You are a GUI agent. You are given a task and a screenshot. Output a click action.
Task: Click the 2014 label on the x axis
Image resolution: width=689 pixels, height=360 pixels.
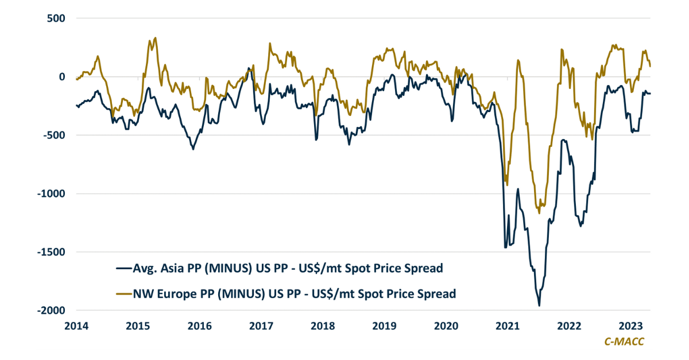point(76,326)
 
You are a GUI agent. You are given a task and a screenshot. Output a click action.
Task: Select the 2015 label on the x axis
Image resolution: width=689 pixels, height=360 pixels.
point(138,326)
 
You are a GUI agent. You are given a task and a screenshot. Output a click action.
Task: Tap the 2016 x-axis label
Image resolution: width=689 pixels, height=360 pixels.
point(200,326)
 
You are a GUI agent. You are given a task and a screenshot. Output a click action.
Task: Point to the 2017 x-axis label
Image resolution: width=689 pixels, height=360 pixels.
point(261,326)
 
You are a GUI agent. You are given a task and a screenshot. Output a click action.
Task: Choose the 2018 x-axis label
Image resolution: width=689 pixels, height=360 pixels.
point(323,326)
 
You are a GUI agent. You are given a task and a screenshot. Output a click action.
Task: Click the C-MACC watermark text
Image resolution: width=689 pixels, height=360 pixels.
point(624,342)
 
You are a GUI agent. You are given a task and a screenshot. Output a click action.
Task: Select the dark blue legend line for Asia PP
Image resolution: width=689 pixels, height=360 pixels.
point(123,268)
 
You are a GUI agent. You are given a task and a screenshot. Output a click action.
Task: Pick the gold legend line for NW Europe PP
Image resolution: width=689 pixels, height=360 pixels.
point(123,294)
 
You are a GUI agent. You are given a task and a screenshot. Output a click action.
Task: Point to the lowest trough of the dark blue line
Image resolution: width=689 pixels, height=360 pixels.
point(539,305)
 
